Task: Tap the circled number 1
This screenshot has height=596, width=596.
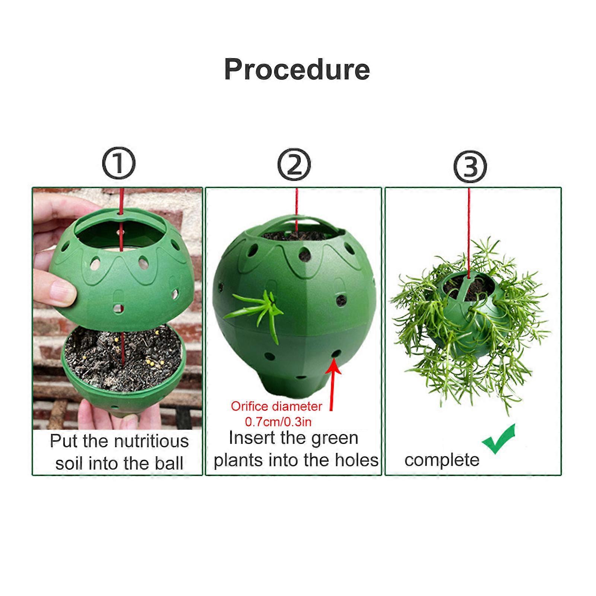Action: coord(119,164)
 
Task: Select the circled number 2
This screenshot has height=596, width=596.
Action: coord(294,165)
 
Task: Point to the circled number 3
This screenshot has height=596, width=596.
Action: coord(470,167)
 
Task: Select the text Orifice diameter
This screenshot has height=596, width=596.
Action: coord(276,406)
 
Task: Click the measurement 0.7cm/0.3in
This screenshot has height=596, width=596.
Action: coord(278,422)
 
